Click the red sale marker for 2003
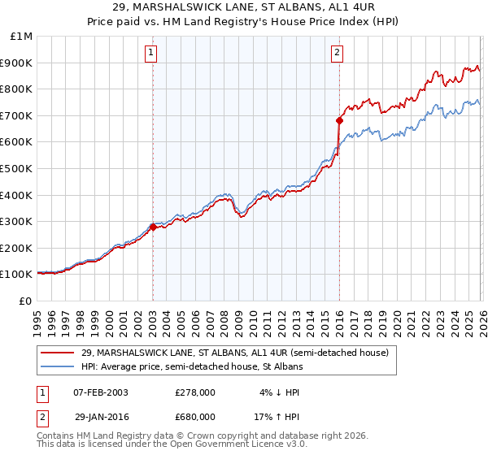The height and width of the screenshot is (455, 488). pyautogui.click(x=153, y=227)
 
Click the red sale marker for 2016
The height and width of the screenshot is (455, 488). pyautogui.click(x=339, y=120)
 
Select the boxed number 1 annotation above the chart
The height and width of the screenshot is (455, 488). pyautogui.click(x=152, y=54)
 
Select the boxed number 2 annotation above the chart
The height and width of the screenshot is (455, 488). pyautogui.click(x=337, y=54)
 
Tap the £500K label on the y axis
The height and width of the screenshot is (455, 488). pyautogui.click(x=17, y=168)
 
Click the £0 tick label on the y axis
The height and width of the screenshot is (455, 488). pyautogui.click(x=25, y=301)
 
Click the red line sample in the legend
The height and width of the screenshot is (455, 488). pyautogui.click(x=59, y=353)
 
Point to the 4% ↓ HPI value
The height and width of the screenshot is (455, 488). pyautogui.click(x=277, y=392)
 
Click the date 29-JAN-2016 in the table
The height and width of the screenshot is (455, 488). pyautogui.click(x=100, y=416)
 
